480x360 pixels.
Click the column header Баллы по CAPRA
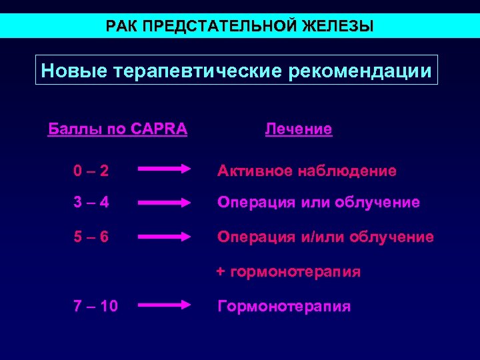click(x=118, y=128)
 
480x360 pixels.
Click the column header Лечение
click(x=298, y=129)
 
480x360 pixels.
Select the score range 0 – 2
click(x=91, y=171)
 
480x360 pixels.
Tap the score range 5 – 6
click(x=91, y=237)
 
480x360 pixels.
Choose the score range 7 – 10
click(x=96, y=307)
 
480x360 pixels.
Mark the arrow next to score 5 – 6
click(x=164, y=237)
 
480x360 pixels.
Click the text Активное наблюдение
click(x=307, y=171)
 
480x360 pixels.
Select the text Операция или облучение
click(x=318, y=202)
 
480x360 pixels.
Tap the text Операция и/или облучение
click(x=325, y=237)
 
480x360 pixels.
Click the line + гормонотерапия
click(x=287, y=272)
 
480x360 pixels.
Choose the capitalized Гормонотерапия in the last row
click(x=284, y=307)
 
